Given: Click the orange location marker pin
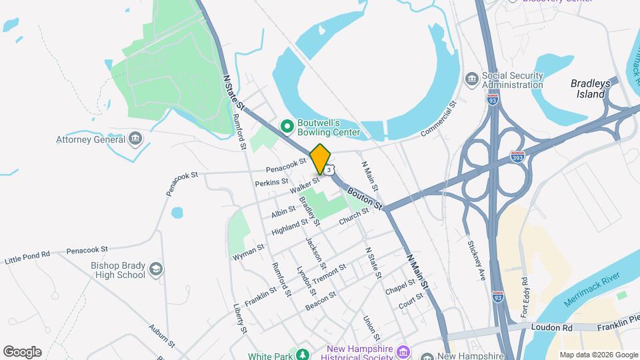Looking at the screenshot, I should point(321,159).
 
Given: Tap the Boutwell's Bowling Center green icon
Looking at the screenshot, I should point(287,125).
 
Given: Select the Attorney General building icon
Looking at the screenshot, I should point(135,139).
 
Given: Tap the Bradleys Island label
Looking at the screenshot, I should point(588,89).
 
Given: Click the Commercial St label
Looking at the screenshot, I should point(440,120).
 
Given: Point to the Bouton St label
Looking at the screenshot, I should point(364,197).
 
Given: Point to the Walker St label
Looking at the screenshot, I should point(307,185).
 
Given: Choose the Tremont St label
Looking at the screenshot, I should point(329,273).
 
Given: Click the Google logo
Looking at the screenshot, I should point(22,352).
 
